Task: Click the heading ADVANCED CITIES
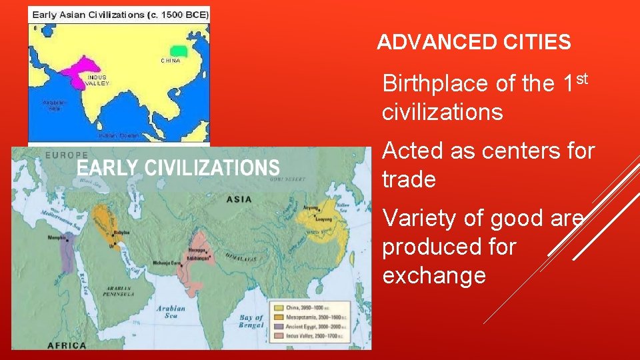[x=473, y=43]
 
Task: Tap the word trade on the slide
[x=409, y=179]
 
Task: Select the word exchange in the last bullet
[x=434, y=275]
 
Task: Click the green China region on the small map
[x=178, y=50]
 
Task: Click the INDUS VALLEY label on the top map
[x=97, y=80]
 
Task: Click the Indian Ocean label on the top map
[x=118, y=135]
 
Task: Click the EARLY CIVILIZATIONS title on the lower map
[x=178, y=167]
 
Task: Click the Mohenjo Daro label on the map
[x=168, y=263]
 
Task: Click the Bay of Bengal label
[x=251, y=321]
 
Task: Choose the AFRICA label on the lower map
[x=67, y=345]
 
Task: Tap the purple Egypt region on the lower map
[x=67, y=257]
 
